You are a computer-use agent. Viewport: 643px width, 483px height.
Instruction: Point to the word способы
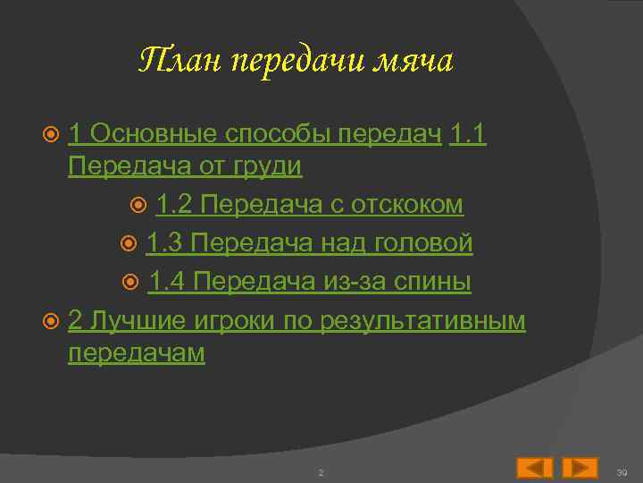270,135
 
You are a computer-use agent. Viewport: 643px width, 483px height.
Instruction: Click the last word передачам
137,352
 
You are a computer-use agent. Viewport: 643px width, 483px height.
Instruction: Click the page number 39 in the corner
622,471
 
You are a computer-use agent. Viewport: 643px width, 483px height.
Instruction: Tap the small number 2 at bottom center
321,471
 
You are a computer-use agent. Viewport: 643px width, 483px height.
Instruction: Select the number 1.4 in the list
167,282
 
